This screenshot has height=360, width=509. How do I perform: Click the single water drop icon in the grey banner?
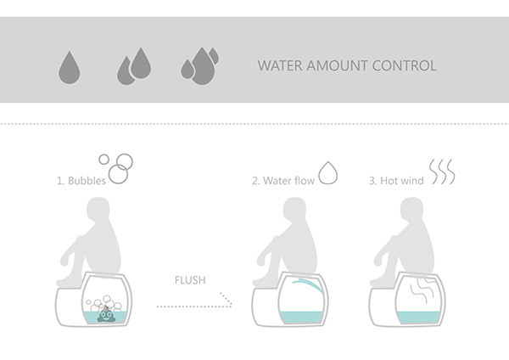click(x=69, y=67)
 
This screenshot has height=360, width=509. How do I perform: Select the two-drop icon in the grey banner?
click(x=134, y=66)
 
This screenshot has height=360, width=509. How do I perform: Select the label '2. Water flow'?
click(x=282, y=181)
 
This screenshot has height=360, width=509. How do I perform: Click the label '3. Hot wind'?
click(x=395, y=181)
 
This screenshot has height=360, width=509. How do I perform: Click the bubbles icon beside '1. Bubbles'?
click(x=117, y=166)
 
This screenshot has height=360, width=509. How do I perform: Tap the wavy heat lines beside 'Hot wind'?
click(x=441, y=172)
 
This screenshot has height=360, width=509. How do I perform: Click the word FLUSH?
click(x=189, y=279)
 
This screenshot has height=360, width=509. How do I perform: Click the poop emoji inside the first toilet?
click(x=107, y=315)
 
